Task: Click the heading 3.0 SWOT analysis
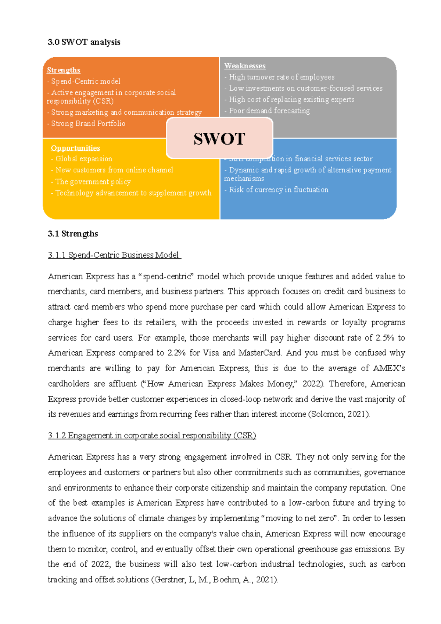(84, 42)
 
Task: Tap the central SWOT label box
(219, 139)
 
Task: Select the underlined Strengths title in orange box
(64, 70)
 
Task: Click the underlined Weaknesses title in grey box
(245, 66)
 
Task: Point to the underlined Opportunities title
(75, 148)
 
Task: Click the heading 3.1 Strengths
(73, 234)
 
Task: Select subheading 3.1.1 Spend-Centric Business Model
(114, 255)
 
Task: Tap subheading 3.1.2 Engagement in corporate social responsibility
(152, 435)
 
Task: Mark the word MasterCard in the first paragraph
(260, 353)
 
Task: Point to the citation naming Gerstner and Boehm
(214, 580)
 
